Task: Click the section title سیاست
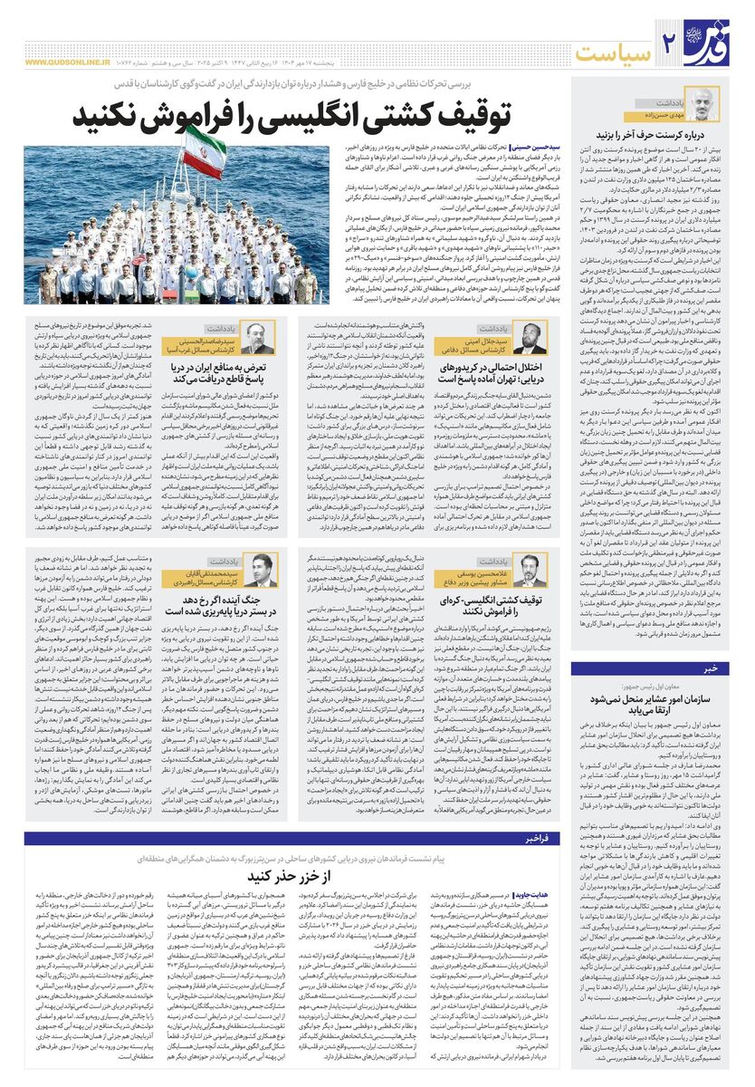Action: (x=616, y=46)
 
